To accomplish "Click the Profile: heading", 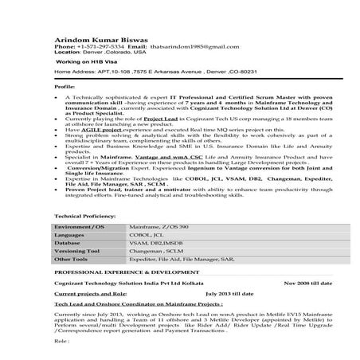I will pyautogui.click(x=65, y=84).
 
